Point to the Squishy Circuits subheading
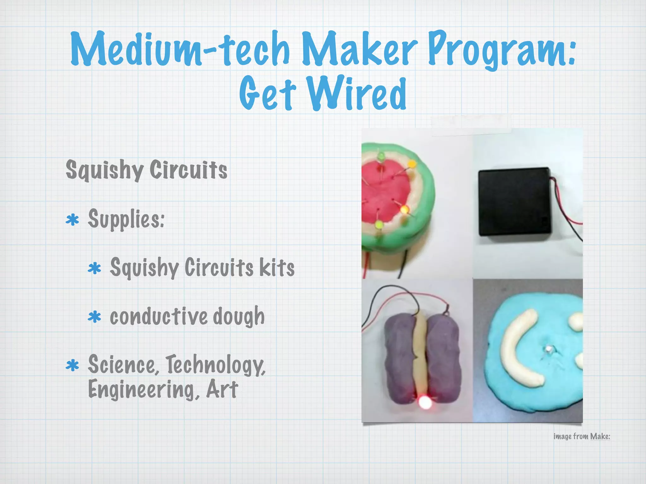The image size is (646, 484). click(x=146, y=170)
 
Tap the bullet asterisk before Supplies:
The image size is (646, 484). click(x=72, y=220)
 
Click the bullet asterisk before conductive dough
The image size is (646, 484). click(x=94, y=317)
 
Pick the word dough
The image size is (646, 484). click(x=239, y=317)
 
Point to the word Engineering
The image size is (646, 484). click(x=144, y=390)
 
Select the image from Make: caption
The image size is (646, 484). click(x=582, y=436)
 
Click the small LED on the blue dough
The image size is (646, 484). click(x=548, y=349)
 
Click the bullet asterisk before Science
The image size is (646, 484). click(x=72, y=366)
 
